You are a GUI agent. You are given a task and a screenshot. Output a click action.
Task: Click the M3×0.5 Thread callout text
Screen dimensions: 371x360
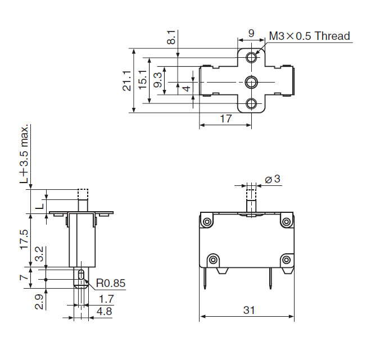pos(310,36)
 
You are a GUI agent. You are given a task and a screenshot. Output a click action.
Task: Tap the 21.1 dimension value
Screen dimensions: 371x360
pos(127,81)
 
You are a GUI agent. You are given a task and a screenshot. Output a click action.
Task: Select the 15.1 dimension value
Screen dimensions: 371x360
pos(143,80)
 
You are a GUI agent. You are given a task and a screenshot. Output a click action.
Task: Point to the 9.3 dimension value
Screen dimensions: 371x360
pos(158,80)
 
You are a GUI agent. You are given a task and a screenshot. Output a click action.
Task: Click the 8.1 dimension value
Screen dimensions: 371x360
pos(171,37)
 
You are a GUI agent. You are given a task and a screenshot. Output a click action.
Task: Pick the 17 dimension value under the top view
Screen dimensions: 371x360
pos(226,119)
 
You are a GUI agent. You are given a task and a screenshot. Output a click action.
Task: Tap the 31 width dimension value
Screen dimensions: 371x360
pos(249,310)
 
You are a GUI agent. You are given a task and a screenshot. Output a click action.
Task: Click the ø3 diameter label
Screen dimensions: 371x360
pos(273,179)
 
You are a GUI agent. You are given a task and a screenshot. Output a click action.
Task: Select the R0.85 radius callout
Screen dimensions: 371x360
pos(111,283)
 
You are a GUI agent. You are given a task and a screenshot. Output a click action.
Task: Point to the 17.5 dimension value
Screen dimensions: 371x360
pos(24,239)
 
